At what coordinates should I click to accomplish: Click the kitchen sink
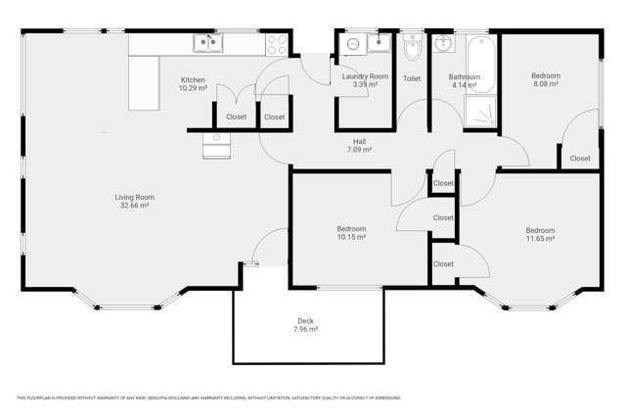point(207,41)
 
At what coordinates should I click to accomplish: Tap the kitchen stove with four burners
point(276,43)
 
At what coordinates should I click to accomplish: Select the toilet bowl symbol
point(412,47)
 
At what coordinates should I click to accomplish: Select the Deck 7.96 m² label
point(306,325)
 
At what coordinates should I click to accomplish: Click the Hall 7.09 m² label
point(359,146)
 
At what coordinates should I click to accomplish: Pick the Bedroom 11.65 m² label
point(539,234)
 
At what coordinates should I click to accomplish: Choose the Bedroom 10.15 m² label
point(350,232)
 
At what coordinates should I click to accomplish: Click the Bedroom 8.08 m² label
point(545,79)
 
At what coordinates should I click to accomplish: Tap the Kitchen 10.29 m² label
point(192,83)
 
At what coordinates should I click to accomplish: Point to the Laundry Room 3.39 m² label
point(364,80)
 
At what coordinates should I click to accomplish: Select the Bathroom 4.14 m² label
point(464,80)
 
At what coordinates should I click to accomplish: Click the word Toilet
point(412,78)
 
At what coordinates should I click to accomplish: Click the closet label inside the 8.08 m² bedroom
point(580,158)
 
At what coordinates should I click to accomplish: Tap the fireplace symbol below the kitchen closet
point(215,146)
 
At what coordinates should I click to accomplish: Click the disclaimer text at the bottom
point(208,397)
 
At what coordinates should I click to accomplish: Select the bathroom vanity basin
point(443,43)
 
